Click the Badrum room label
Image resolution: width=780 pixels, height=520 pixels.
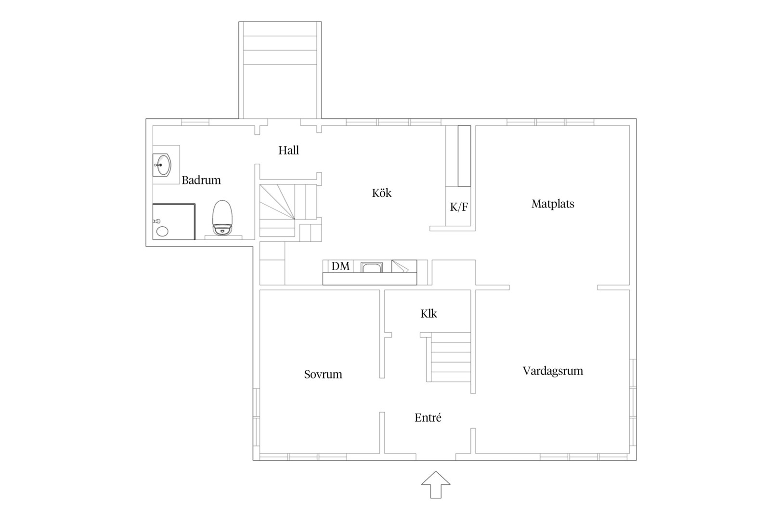coord(201,180)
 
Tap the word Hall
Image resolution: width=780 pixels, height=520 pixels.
coord(289,150)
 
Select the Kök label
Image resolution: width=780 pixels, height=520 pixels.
coord(382,193)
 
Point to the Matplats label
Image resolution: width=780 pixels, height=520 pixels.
coord(553,204)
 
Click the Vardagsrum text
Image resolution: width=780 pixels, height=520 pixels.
coord(553,371)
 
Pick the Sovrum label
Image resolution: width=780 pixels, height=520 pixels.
coord(323,374)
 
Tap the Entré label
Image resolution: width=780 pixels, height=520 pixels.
coord(428,417)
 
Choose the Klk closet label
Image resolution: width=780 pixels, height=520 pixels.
coord(429,313)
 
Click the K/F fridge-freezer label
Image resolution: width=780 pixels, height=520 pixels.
coord(459,207)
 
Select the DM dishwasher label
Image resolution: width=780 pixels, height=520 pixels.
coord(340,266)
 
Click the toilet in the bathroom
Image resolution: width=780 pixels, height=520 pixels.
coord(222,218)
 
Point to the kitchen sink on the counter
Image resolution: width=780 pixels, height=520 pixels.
coord(372,267)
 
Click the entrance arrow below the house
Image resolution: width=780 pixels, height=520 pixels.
coord(436,484)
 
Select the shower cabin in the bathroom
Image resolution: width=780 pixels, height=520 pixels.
coord(174,221)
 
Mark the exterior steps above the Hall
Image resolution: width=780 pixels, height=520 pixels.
coord(280,70)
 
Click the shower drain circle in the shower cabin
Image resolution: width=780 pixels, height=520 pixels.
coord(162,231)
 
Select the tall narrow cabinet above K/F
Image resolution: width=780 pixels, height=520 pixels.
coord(464,156)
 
